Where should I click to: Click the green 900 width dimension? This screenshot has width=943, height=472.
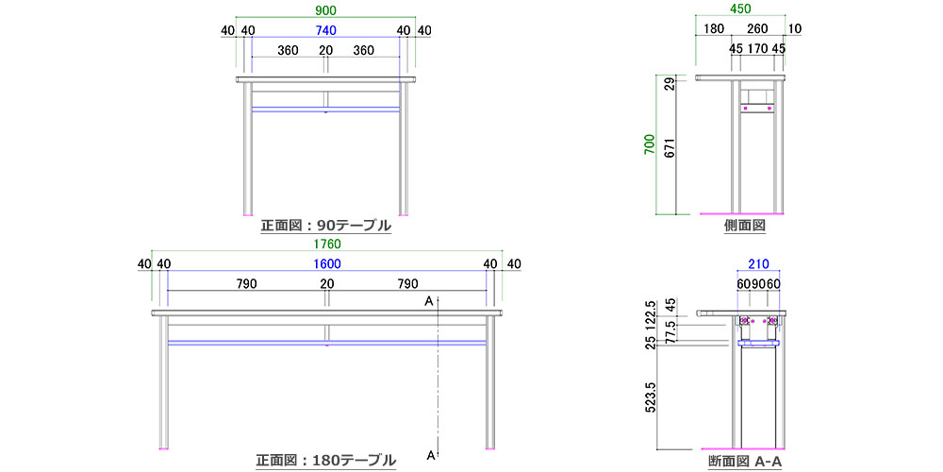(x=325, y=10)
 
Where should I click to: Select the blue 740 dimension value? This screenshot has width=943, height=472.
(x=325, y=30)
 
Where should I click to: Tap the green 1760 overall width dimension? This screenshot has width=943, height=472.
(x=327, y=244)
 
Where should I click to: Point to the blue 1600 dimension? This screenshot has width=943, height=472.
(x=327, y=263)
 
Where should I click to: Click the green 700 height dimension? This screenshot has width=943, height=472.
(x=650, y=145)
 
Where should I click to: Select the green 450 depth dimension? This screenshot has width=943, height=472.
(x=739, y=9)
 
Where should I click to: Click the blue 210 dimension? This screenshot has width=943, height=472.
(x=758, y=263)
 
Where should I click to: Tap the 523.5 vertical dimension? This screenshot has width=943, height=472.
(x=650, y=396)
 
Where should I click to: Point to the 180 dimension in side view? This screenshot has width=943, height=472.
(x=713, y=29)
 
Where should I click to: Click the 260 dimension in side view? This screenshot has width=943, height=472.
(x=757, y=29)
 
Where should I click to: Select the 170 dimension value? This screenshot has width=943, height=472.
(x=758, y=49)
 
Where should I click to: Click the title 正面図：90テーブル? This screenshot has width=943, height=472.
(x=326, y=226)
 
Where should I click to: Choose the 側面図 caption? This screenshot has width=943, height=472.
(x=744, y=226)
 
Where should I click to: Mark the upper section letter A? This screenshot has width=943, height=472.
(x=429, y=301)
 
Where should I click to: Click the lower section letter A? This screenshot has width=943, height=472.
(x=431, y=455)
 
